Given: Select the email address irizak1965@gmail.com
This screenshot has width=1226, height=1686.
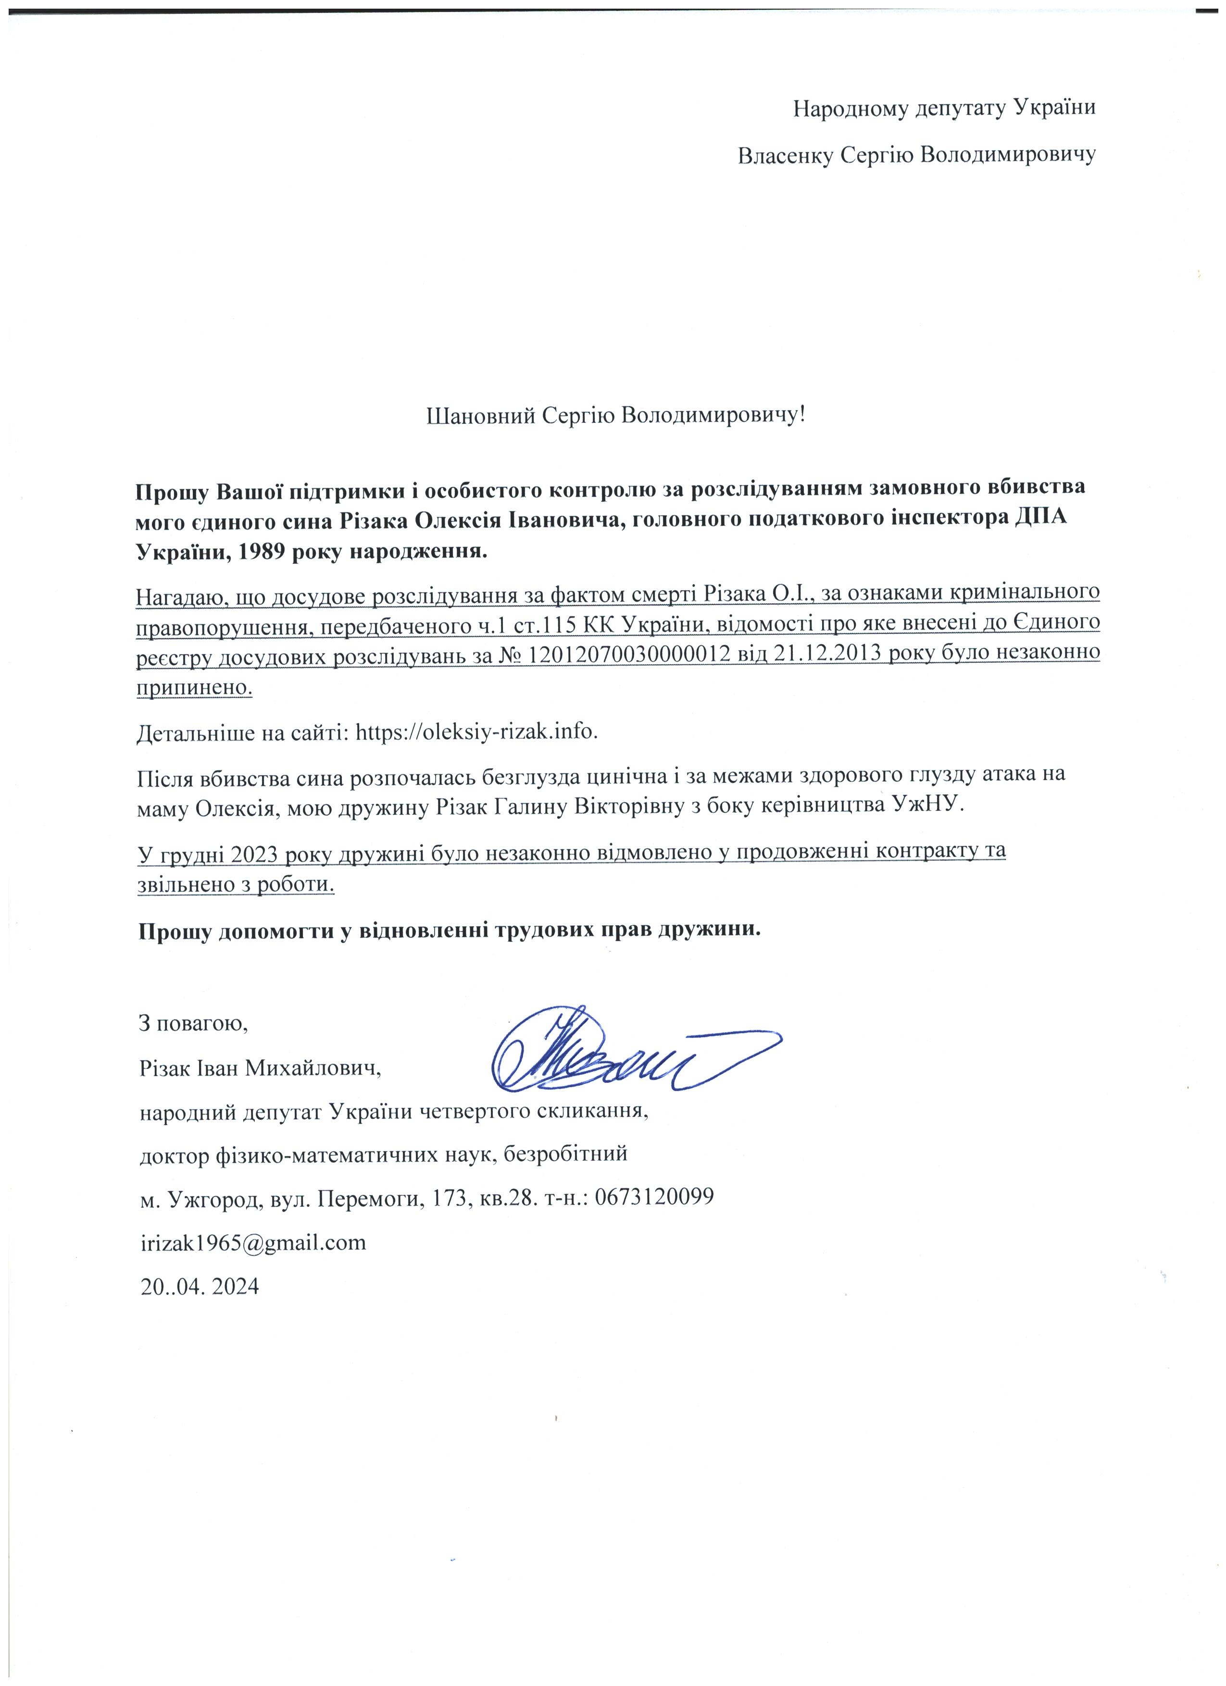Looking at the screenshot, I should [253, 1242].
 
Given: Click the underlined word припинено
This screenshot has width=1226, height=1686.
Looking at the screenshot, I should [195, 688].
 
